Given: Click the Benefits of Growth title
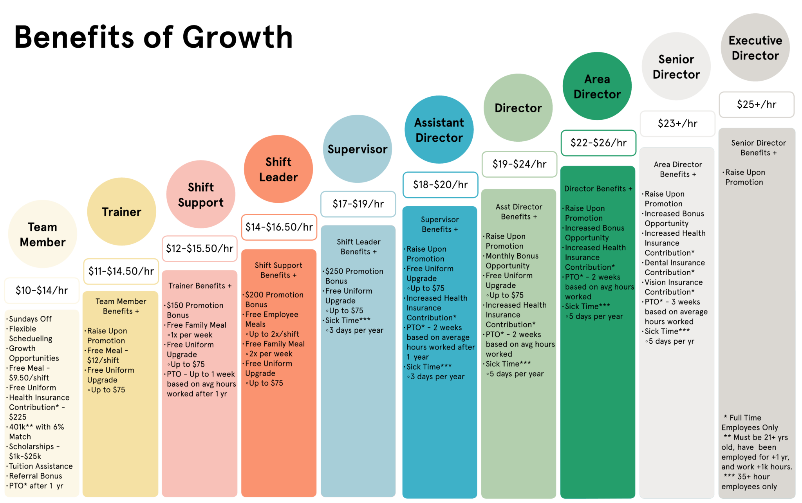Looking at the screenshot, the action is (154, 37).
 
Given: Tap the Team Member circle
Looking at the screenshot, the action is (43, 234).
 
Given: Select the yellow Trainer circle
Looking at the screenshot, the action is (121, 212).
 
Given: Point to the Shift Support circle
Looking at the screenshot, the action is (201, 194).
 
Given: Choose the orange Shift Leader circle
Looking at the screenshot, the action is (278, 169).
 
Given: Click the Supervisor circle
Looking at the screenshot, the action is (358, 149).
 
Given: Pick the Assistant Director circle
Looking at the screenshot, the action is (439, 130).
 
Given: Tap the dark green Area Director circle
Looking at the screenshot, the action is (597, 86).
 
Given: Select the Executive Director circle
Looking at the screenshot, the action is (755, 47).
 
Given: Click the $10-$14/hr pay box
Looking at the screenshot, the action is (42, 290).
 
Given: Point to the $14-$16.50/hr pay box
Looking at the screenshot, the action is (279, 227).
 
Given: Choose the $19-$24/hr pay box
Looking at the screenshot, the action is (519, 164).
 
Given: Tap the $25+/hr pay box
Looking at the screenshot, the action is (757, 105).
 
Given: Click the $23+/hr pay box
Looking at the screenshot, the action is (677, 124).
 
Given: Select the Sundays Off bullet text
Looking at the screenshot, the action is (30, 319).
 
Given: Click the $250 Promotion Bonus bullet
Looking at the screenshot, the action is (353, 276).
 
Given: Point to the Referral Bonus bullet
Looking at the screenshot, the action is (34, 476).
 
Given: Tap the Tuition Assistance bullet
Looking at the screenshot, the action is (40, 466).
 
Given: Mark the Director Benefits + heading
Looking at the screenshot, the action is (598, 189).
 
